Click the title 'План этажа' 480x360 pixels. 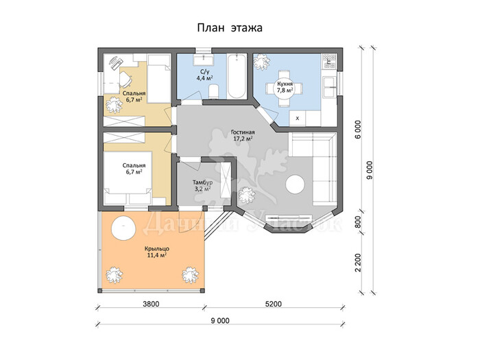pyautogui.click(x=230, y=28)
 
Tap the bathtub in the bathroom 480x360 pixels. pyautogui.click(x=237, y=76)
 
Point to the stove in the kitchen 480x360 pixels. pyautogui.click(x=329, y=61)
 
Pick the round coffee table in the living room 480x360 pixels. pyautogui.click(x=295, y=184)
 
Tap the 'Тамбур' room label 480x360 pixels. pyautogui.click(x=202, y=182)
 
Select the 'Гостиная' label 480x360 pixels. pyautogui.click(x=243, y=132)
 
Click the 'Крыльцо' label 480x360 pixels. pyautogui.click(x=157, y=248)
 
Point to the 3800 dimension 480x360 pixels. pyautogui.click(x=152, y=304)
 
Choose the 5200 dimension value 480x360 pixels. pyautogui.click(x=273, y=304)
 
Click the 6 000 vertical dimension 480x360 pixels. pyautogui.click(x=358, y=129)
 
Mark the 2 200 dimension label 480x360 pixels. pyautogui.click(x=358, y=263)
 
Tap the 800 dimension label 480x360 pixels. pyautogui.click(x=358, y=222)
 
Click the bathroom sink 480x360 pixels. pyautogui.click(x=202, y=60)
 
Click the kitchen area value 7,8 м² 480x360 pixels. pyautogui.click(x=285, y=91)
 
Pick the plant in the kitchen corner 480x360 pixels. pyautogui.click(x=262, y=62)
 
